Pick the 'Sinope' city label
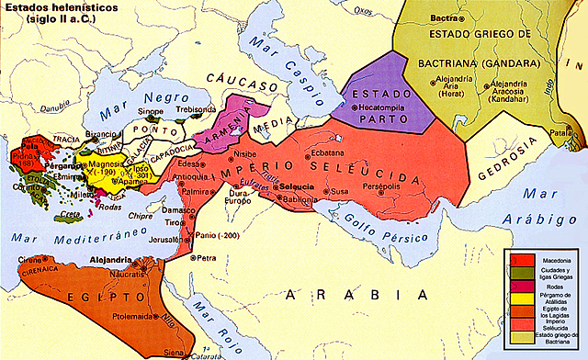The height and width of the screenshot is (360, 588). [x=151, y=111]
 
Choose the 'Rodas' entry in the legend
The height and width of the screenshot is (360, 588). [x=549, y=284]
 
